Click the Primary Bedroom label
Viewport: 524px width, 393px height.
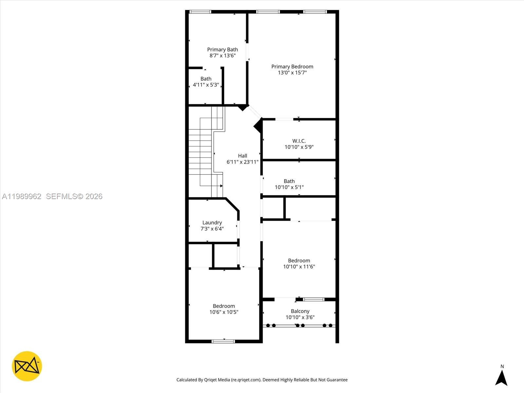(292, 66)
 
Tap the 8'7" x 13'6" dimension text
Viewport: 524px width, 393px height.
(222, 56)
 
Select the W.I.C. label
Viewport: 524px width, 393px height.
(299, 141)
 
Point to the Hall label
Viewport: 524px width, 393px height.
(242, 156)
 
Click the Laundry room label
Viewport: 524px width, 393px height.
(212, 223)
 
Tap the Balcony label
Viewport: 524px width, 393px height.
(300, 311)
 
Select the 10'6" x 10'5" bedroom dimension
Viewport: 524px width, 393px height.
(224, 312)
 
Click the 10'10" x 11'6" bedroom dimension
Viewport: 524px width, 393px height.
(299, 267)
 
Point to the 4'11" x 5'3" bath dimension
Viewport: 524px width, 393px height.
(206, 85)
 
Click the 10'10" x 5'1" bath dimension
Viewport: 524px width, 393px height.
(289, 187)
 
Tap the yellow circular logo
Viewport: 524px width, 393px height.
(27, 366)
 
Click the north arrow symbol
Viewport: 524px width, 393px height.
(501, 378)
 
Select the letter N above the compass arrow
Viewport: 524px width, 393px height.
(502, 366)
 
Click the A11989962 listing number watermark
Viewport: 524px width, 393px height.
(22, 196)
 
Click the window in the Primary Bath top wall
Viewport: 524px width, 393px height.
(200, 12)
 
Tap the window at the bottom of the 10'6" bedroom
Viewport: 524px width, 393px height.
(223, 341)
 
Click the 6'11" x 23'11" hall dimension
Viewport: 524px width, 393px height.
(242, 162)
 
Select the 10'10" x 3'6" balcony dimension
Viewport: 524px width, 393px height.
(300, 317)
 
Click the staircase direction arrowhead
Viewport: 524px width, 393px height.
(221, 186)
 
